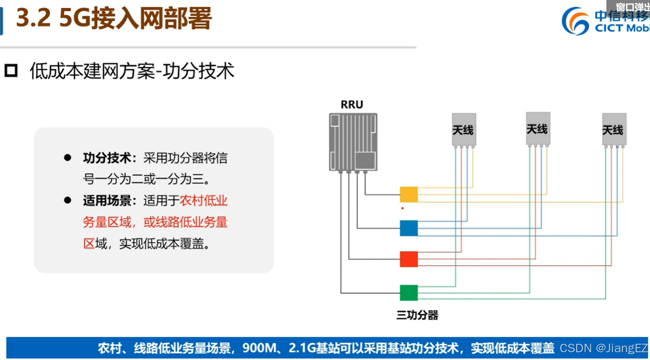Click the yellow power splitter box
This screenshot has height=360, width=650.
[409, 194]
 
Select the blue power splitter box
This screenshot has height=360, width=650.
[409, 228]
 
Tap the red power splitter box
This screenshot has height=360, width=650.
[409, 259]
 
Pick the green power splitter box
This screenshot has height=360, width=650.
[409, 293]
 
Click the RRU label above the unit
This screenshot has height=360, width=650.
[352, 105]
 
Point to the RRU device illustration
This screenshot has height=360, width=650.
[353, 142]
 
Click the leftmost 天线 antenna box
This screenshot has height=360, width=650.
[464, 129]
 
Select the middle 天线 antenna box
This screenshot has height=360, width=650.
[538, 129]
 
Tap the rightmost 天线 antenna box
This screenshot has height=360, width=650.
[614, 129]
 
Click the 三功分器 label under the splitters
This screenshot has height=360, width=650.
[417, 315]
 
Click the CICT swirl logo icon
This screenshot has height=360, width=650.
[575, 21]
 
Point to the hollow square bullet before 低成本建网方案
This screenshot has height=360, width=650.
[11, 71]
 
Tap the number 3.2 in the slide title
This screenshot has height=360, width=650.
[33, 18]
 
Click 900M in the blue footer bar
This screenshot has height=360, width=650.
[259, 348]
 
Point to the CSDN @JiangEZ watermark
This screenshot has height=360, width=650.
[603, 348]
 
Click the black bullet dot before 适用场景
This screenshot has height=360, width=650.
[68, 200]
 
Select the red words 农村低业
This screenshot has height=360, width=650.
[203, 201]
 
